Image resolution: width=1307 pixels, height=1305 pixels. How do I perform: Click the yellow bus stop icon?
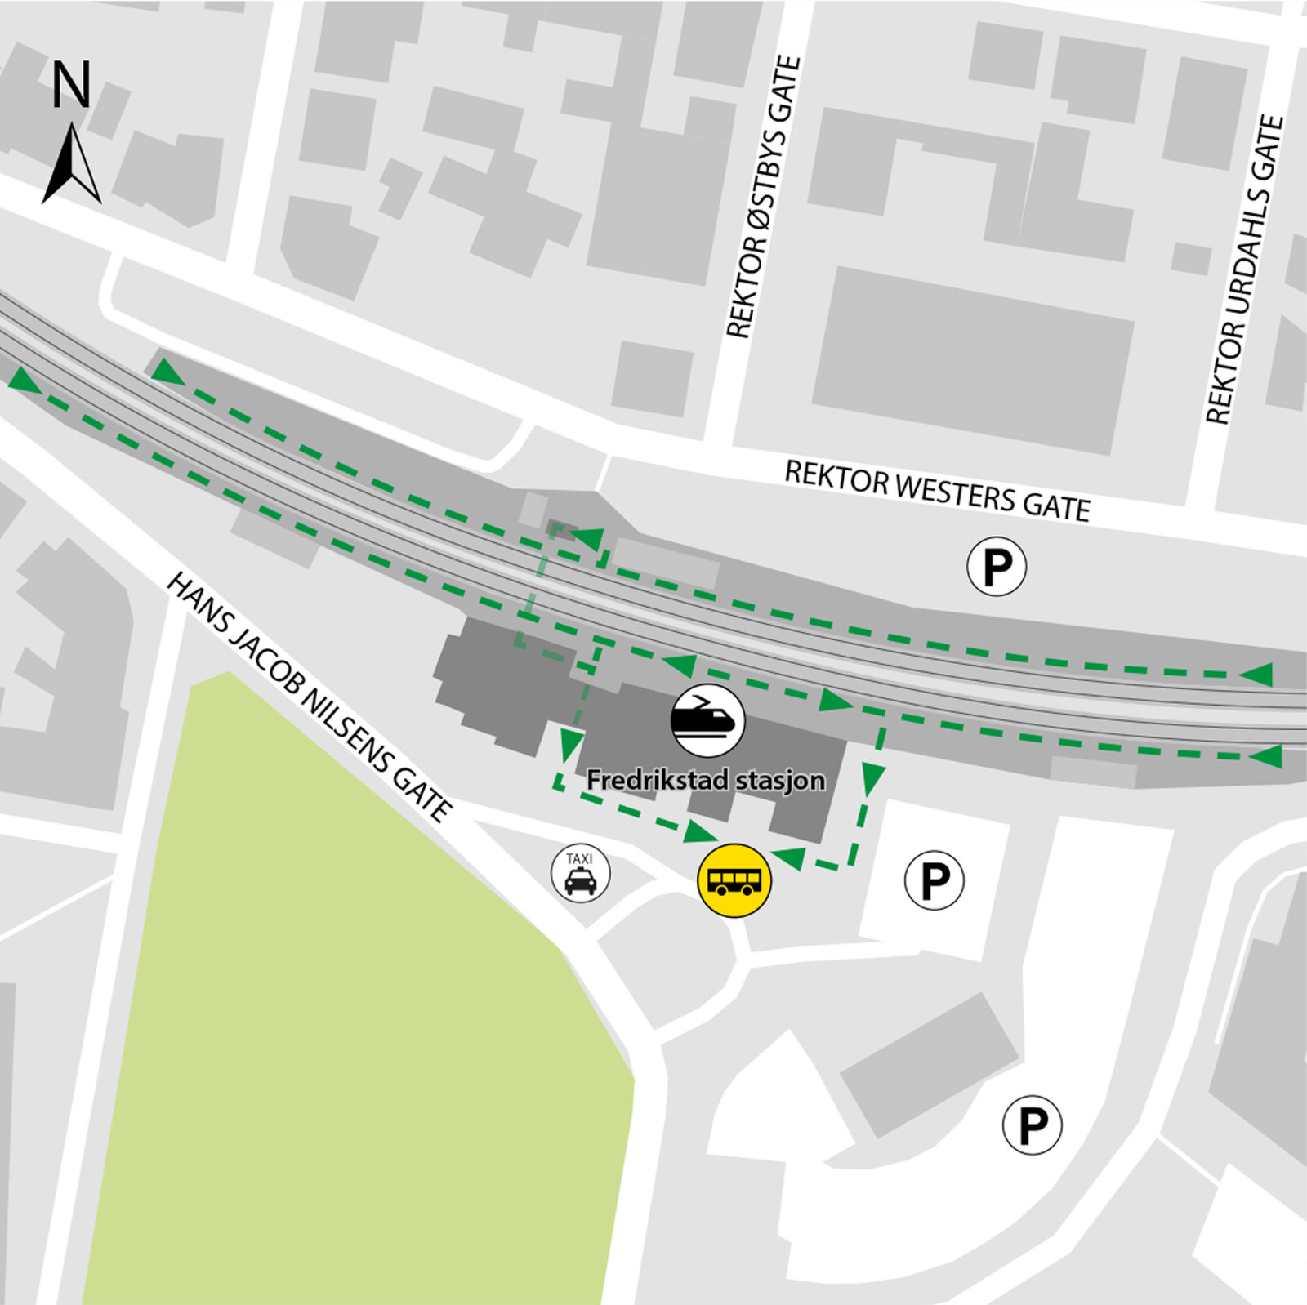[x=734, y=880]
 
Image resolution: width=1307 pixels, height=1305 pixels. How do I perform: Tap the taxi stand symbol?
[x=580, y=875]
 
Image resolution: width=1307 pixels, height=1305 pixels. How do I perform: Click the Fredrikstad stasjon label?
[x=706, y=781]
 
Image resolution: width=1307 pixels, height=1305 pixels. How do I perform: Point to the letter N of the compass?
[x=71, y=86]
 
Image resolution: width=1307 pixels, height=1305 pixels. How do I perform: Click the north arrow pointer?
[x=72, y=163]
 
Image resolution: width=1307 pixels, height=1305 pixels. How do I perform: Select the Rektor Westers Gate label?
[x=937, y=490]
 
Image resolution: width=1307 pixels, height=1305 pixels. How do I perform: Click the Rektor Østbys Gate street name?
[x=765, y=196]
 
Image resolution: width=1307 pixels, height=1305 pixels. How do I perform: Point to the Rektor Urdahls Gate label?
[x=1245, y=269]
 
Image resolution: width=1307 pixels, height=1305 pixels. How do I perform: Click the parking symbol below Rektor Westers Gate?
[x=997, y=566]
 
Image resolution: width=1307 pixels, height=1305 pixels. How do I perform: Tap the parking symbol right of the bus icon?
[x=935, y=880]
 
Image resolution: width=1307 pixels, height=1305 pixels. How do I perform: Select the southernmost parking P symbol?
[x=1033, y=1125]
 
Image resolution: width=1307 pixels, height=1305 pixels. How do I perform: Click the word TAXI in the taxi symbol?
[x=579, y=859]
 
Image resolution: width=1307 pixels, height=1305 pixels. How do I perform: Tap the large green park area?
[x=359, y=1021]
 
